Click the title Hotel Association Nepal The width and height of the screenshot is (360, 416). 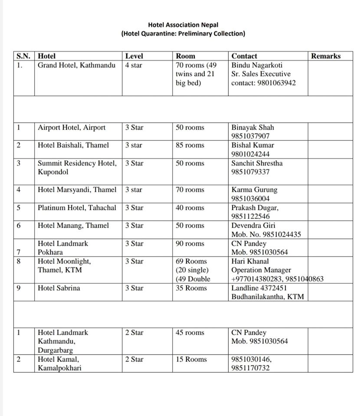pos(183,25)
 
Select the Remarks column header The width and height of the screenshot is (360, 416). pos(326,56)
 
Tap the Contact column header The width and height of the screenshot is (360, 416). pos(244,56)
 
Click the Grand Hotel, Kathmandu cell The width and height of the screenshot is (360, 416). pos(77,65)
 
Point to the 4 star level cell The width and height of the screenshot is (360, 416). pos(134,65)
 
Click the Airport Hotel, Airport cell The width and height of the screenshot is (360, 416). pos(72,127)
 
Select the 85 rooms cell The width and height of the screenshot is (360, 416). pos(190,145)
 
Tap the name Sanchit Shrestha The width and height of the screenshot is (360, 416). pos(257,163)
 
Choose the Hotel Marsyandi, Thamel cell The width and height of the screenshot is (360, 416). pos(77,190)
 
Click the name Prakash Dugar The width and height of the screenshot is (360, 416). pos(255,208)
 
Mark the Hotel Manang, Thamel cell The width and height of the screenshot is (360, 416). pos(73,225)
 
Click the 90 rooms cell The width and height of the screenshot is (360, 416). pos(190,244)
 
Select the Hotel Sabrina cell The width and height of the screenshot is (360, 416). pos(59,288)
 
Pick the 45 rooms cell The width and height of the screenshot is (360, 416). pos(190,333)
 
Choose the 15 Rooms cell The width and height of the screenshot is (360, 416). pos(191,359)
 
